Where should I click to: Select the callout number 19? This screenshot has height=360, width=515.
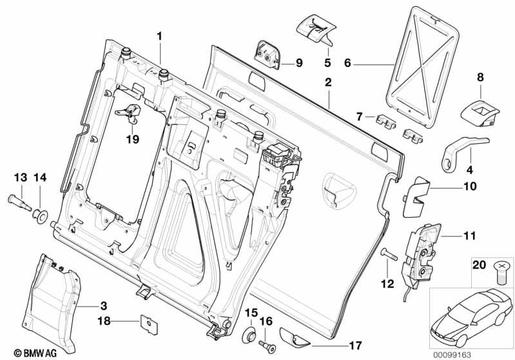[132, 139]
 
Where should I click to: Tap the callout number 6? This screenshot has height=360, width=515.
[347, 64]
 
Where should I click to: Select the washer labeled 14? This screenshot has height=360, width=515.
[41, 214]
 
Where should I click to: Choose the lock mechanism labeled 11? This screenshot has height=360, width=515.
[422, 250]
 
